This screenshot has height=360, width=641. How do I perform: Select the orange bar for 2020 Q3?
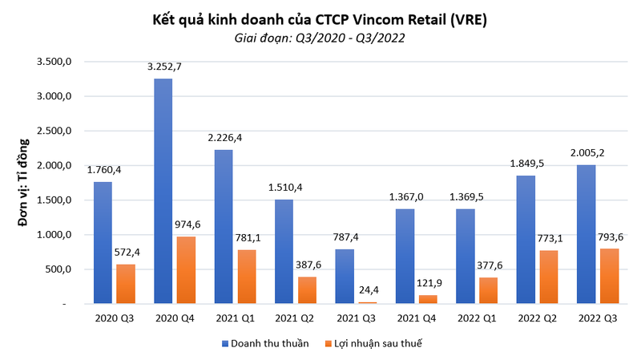tap(126, 284)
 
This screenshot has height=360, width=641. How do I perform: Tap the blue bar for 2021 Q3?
tap(346, 277)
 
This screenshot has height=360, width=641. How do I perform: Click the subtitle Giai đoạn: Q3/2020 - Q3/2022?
tap(320, 37)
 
